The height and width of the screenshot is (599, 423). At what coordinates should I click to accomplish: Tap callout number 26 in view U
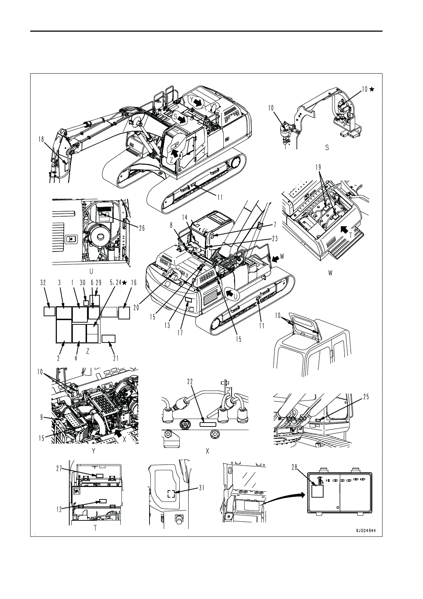point(141,228)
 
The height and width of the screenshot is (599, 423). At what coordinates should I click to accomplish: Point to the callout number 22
point(190,381)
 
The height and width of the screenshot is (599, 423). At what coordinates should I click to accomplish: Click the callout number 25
point(366,397)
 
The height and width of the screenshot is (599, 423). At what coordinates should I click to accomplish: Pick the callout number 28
point(294,468)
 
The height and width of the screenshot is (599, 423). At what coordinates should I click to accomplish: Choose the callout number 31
point(202,488)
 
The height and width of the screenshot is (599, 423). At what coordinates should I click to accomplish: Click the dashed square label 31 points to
point(171,493)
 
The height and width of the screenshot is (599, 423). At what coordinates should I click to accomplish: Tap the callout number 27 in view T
point(59,468)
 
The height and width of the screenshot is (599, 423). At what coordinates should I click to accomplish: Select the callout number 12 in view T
point(59,509)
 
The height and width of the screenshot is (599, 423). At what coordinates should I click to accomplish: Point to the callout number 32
point(43,283)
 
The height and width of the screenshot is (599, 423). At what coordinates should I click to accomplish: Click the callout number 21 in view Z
point(116,358)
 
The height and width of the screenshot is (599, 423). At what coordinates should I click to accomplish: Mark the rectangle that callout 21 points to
point(108,338)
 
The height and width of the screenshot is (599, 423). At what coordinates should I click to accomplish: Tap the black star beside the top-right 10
point(372,90)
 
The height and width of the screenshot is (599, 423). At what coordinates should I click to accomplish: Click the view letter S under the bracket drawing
point(327,148)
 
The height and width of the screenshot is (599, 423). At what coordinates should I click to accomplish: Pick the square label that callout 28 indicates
point(318,491)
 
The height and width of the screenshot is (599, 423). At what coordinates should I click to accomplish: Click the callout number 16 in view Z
point(134,283)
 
